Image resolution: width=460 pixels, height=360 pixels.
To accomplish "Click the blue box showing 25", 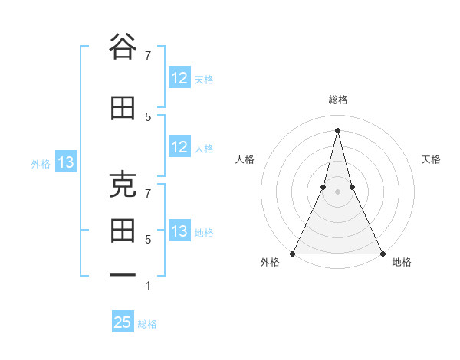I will click(x=123, y=322).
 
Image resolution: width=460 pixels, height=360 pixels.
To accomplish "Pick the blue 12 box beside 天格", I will click(x=179, y=78).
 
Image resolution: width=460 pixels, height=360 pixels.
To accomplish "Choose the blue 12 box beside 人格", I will click(x=179, y=147).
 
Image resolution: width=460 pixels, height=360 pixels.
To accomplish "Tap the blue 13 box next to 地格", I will click(x=179, y=231).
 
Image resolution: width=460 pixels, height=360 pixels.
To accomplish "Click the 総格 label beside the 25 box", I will click(x=147, y=324).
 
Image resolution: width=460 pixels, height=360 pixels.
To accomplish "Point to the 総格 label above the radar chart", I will click(x=337, y=100).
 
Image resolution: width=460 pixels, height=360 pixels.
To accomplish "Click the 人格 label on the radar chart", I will click(x=245, y=159).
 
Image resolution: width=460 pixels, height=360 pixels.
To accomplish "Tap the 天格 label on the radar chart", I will click(x=431, y=159).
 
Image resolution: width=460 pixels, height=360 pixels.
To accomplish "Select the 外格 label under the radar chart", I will click(x=270, y=263).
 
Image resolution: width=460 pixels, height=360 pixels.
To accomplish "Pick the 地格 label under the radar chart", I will click(x=402, y=263).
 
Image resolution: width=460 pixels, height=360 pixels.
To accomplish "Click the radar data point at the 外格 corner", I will click(x=293, y=253).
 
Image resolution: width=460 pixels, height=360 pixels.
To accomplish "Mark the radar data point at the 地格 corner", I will click(x=382, y=253).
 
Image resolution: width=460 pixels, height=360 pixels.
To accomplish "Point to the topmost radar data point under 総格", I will click(x=337, y=130).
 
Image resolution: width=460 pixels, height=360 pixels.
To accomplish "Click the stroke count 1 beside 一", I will click(x=147, y=286).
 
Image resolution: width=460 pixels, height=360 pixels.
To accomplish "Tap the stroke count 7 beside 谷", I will click(x=147, y=55).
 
